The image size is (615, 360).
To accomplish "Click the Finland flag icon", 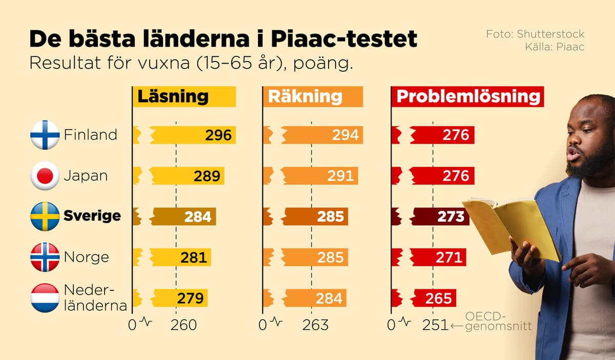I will (x=45, y=135).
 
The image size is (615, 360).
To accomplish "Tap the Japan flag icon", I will (x=45, y=176).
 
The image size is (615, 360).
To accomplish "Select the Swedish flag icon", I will (x=45, y=216).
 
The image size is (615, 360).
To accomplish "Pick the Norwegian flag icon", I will (x=45, y=257).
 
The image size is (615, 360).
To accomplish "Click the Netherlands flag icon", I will (x=45, y=298).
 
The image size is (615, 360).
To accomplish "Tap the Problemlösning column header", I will (x=468, y=97).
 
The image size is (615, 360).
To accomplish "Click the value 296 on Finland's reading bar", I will (x=218, y=135).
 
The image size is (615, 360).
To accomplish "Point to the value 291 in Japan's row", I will (x=340, y=176).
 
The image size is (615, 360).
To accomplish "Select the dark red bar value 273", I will (x=451, y=217).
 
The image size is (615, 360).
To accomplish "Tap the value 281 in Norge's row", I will (x=194, y=257).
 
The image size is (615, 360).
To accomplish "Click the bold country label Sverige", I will (x=92, y=216).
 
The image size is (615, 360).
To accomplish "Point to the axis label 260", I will (x=183, y=325).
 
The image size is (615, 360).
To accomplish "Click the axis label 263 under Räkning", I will (x=315, y=325).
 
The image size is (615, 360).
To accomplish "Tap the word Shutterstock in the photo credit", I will (x=550, y=34).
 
